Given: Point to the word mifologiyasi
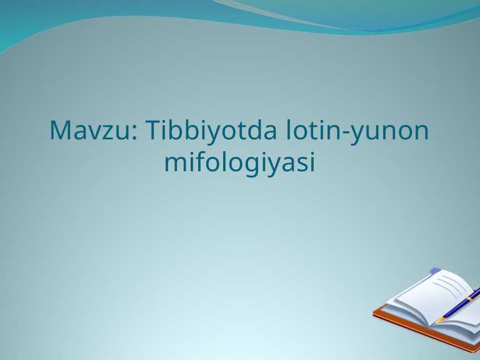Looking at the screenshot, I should click(239, 163).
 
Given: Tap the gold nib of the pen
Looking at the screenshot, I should click(439, 319).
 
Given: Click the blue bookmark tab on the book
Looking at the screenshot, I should click(436, 271).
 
